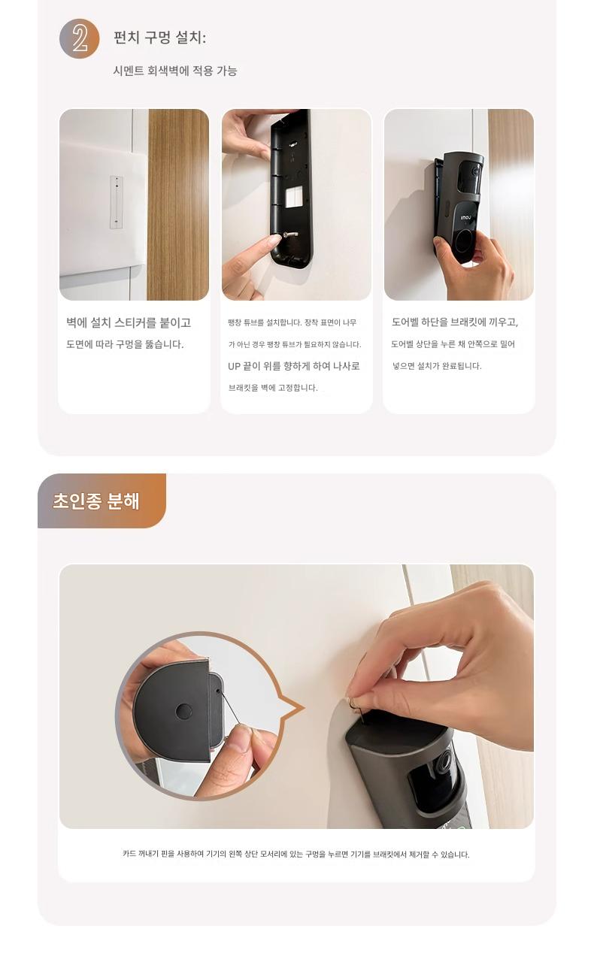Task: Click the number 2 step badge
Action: click(79, 38)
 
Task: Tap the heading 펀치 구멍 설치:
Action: click(159, 38)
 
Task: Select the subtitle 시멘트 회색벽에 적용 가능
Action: click(175, 71)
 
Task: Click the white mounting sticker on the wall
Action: click(117, 202)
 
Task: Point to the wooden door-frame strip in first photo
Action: click(178, 204)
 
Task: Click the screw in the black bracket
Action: click(289, 235)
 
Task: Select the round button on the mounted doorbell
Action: click(465, 240)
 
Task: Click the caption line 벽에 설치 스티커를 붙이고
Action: click(129, 322)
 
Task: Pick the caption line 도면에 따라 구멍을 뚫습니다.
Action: click(125, 344)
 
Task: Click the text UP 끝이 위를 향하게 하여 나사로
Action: click(293, 366)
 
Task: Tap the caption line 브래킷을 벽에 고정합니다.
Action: click(273, 388)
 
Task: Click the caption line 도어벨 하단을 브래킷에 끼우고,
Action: click(455, 322)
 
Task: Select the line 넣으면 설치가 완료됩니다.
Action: click(437, 366)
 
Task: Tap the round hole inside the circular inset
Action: click(183, 711)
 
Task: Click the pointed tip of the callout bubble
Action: click(305, 708)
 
